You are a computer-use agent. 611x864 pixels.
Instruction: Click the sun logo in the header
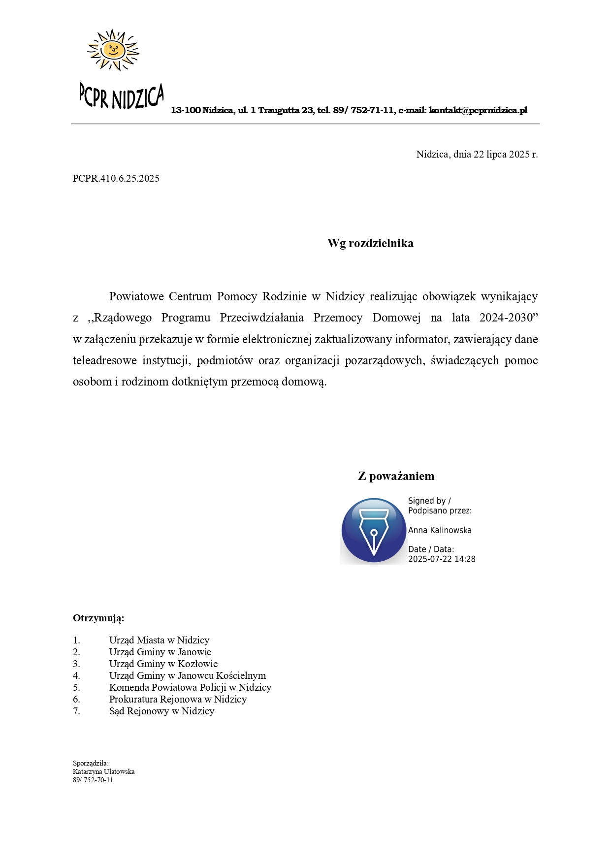point(113,49)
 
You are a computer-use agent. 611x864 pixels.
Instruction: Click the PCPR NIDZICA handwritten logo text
point(121,96)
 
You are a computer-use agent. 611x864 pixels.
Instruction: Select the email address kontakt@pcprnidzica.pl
point(478,110)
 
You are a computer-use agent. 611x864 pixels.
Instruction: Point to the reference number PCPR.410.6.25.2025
point(116,178)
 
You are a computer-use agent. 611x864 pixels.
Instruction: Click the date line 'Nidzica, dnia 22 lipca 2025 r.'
point(477,154)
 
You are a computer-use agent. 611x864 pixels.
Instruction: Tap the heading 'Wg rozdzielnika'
point(370,243)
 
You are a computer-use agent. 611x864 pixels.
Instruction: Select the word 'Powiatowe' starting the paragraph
point(136,296)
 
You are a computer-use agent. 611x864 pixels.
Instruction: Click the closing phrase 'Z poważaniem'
point(396,476)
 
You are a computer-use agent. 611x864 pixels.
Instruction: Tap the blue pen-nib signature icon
point(373,531)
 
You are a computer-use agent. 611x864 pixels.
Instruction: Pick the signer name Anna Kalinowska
point(440,530)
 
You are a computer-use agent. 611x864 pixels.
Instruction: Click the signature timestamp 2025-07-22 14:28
point(442,559)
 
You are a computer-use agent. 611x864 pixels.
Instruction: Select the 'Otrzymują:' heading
point(98,618)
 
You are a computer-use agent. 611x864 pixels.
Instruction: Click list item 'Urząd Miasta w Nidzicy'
point(159,640)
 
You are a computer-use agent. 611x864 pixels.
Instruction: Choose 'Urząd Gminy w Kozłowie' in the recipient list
point(163,664)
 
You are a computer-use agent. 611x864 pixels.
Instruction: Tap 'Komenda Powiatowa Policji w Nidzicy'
point(190,687)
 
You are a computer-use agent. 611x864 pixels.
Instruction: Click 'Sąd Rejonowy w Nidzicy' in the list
point(161,711)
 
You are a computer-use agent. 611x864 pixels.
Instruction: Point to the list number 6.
point(76,699)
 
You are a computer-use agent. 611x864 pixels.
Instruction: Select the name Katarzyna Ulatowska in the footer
point(103,771)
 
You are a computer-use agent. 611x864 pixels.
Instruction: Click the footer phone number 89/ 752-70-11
point(93,780)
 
